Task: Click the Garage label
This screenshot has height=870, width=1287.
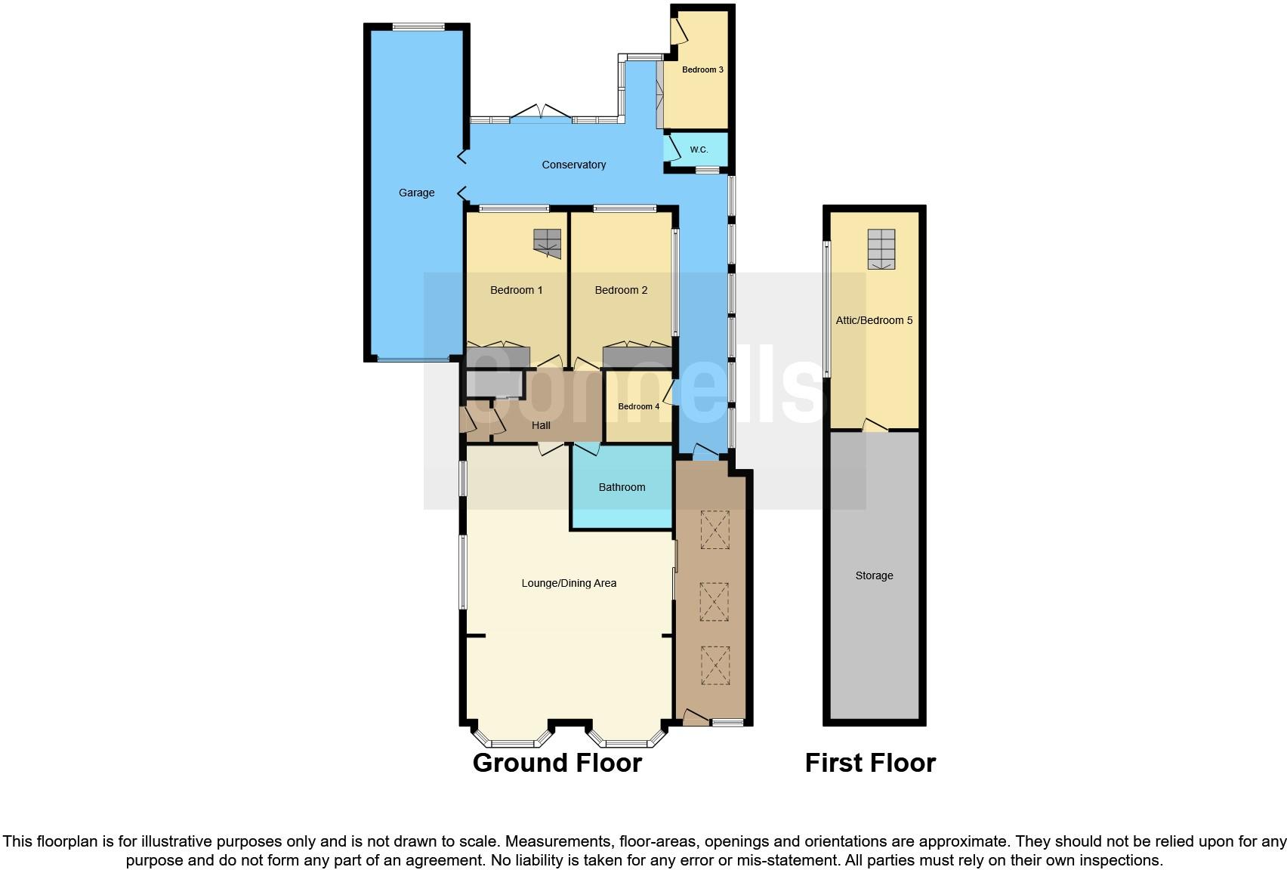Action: click(416, 193)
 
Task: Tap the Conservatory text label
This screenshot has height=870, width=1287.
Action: click(573, 165)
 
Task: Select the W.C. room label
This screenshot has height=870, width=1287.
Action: click(699, 150)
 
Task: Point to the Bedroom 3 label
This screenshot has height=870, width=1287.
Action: click(702, 69)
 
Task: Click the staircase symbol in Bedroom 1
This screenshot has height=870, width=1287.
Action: click(548, 243)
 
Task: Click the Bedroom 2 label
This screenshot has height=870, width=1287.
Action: click(621, 290)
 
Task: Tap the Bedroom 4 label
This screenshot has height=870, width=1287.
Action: click(638, 406)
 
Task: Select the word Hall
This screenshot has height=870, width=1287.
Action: click(541, 425)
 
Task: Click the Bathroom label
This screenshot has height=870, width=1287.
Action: click(622, 487)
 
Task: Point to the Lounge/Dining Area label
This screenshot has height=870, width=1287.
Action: click(569, 583)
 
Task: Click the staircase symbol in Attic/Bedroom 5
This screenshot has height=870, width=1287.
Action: click(881, 249)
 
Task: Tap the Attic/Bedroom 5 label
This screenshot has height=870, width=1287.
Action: click(874, 320)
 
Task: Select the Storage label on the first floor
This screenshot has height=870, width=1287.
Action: click(874, 575)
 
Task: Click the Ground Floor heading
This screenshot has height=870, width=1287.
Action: click(557, 763)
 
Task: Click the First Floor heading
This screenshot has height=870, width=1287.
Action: click(870, 763)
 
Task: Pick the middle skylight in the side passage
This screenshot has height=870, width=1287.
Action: click(714, 601)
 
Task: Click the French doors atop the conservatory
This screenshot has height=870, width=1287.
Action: click(541, 113)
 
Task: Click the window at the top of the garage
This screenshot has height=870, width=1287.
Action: click(418, 27)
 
